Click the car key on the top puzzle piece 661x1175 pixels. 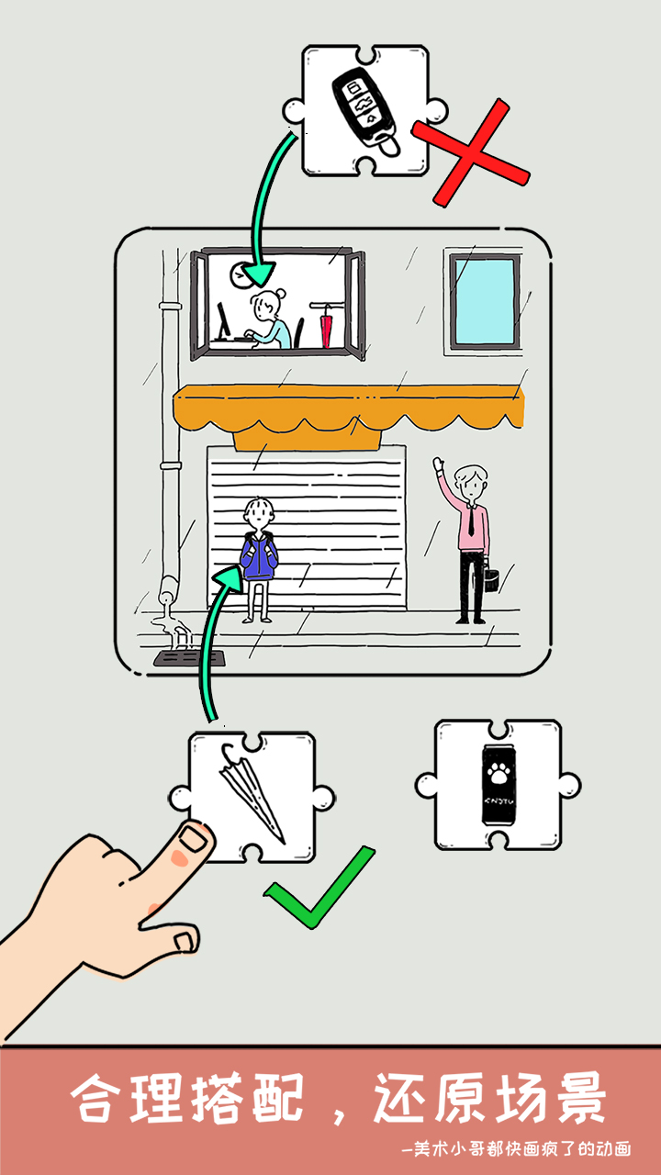365,111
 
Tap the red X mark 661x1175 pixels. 471,152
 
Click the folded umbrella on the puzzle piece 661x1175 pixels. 252,792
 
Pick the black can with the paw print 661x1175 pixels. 499,785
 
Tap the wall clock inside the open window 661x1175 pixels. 241,274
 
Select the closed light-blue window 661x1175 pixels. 484,303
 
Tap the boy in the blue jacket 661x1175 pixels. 259,560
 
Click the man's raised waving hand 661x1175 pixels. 439,465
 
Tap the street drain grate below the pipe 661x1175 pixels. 189,658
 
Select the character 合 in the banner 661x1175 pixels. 93,1097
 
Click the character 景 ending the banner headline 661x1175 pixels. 581,1097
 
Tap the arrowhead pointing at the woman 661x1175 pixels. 260,273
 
